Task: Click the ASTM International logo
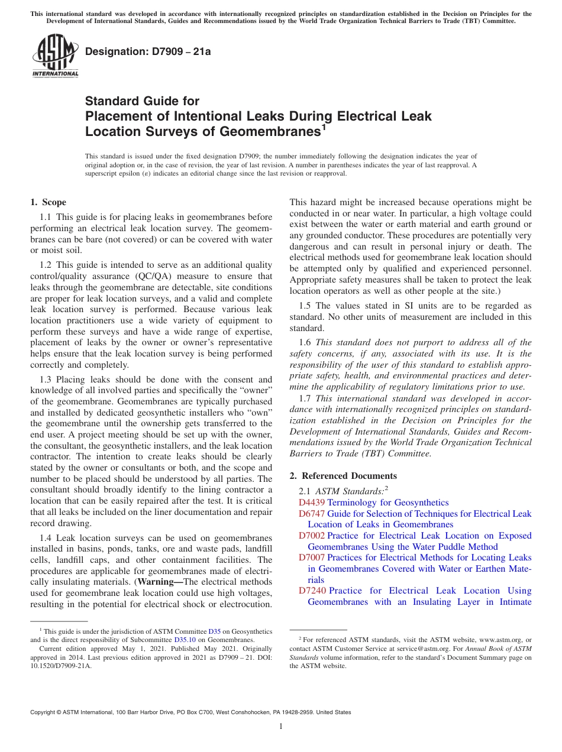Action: click(x=55, y=56)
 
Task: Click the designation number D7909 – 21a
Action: click(x=148, y=52)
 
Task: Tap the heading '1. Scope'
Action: click(x=48, y=202)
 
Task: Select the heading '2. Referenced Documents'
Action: click(x=343, y=476)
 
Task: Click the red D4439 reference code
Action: click(x=312, y=503)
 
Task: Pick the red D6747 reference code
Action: click(x=312, y=514)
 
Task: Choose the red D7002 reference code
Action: click(x=312, y=536)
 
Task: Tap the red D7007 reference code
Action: click(x=312, y=557)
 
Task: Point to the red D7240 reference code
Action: click(x=312, y=591)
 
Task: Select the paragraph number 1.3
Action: click(x=46, y=380)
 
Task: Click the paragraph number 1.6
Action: click(x=305, y=342)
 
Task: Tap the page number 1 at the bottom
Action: click(x=281, y=727)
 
